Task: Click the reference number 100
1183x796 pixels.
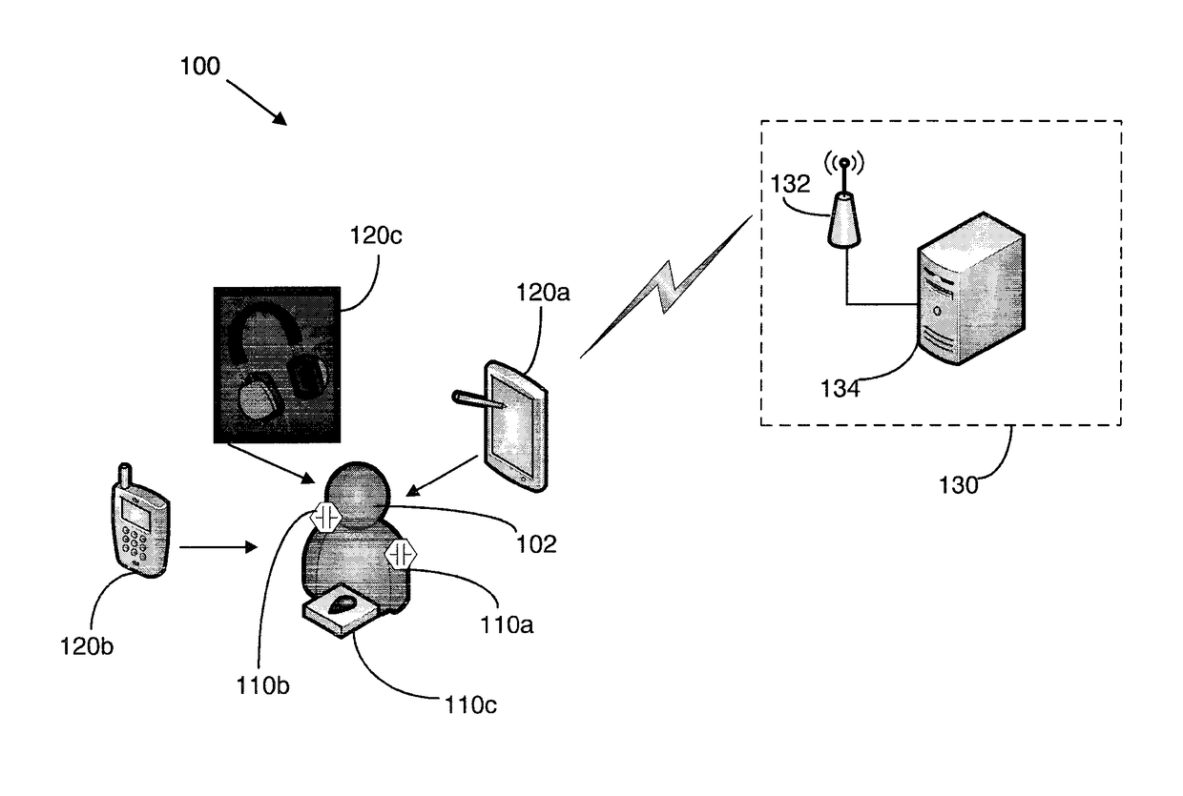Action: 200,67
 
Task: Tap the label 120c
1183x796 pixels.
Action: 376,235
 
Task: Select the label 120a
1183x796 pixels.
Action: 543,293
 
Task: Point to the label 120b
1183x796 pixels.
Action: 87,646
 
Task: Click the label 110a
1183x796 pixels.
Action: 507,625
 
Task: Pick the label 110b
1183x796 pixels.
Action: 262,685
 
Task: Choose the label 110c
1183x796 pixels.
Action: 470,705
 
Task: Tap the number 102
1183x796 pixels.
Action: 536,544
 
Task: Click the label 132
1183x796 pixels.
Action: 790,184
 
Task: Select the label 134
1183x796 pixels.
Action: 840,389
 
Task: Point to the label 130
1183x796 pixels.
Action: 958,485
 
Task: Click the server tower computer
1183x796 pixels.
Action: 970,288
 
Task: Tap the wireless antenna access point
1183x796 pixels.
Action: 844,200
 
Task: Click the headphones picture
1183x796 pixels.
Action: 277,365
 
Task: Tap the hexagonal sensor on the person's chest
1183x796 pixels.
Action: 401,554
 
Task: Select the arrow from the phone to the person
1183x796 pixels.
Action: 218,547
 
